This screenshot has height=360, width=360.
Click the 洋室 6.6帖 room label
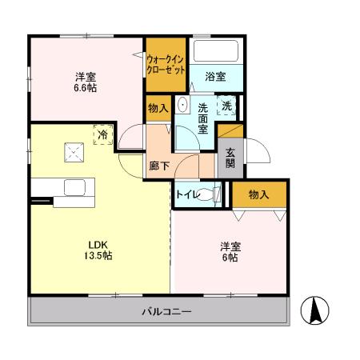point(86,82)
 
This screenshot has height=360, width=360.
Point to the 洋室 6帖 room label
point(229,253)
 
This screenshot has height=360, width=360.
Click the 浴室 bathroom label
point(214,77)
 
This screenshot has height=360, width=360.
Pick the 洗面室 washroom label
point(203,118)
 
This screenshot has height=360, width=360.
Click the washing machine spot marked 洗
point(228,106)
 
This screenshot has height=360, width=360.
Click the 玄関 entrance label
point(230,157)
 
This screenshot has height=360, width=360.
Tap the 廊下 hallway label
point(158,166)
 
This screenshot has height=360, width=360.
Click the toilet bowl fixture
point(210,194)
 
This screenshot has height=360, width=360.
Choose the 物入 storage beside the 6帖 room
point(258,194)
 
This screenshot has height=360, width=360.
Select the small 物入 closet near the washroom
point(157,109)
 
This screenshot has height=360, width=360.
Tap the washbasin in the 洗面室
point(182,106)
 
